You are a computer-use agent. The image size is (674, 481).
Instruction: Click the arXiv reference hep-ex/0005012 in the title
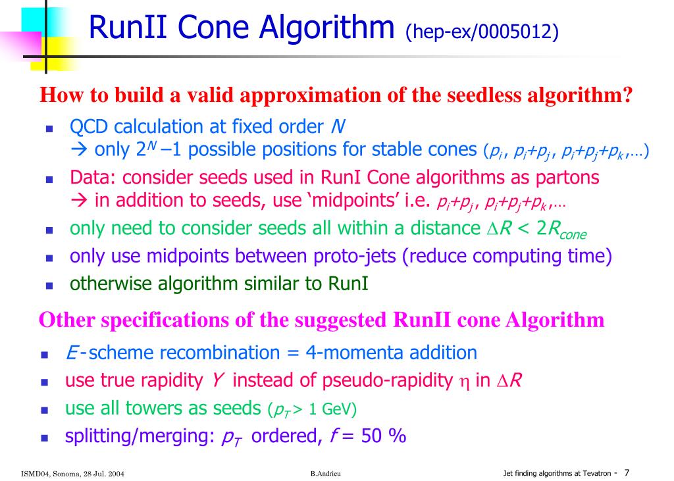coord(482,31)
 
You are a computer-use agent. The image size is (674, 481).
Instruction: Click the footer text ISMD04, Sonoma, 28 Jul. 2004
coord(72,474)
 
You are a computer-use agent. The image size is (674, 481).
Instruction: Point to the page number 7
coord(627,472)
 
